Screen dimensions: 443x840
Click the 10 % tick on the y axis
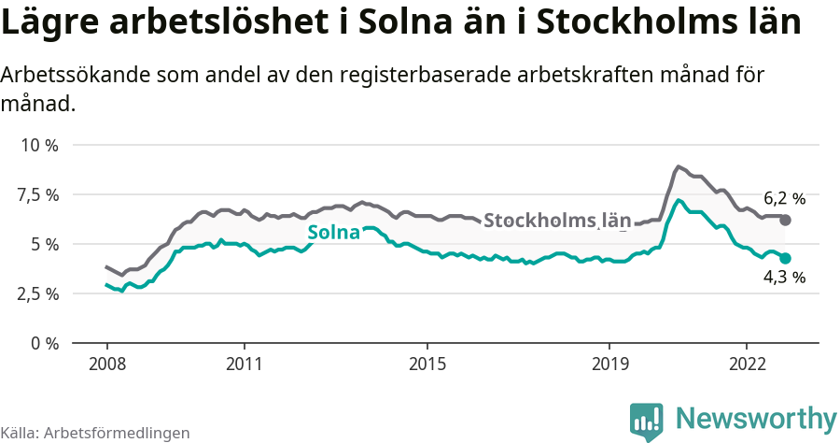tap(40, 146)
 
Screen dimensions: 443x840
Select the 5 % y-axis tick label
tap(45, 244)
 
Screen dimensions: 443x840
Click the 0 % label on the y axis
tap(45, 343)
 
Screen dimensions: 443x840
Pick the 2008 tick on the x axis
tap(106, 363)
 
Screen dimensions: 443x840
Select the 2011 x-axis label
tap(244, 363)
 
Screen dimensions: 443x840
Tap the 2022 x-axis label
tap(747, 363)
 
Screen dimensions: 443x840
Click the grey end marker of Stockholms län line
tap(786, 220)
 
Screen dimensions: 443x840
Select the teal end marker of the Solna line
tap(786, 258)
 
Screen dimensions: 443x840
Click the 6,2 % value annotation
tap(784, 198)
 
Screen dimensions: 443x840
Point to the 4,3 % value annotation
tap(784, 278)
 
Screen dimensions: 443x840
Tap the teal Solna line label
tap(333, 233)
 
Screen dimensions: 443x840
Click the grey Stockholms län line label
tap(557, 221)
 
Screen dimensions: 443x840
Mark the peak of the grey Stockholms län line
tap(679, 167)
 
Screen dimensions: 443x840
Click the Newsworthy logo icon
tap(646, 422)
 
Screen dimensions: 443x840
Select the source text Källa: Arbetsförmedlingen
tap(95, 433)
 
